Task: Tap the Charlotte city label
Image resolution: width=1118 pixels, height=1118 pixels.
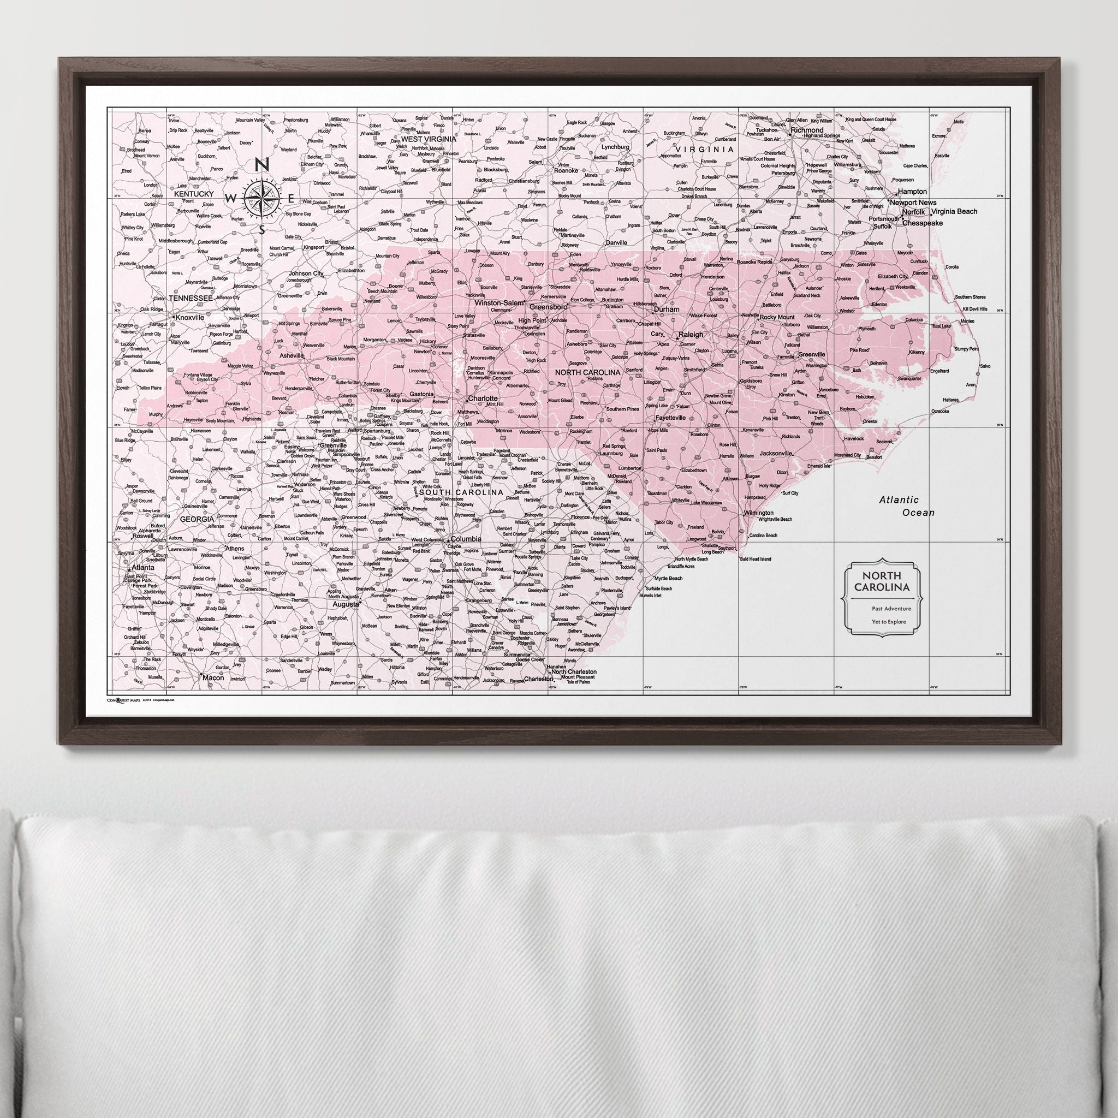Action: [x=483, y=399]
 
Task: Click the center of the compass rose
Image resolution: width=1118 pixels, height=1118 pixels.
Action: [x=261, y=199]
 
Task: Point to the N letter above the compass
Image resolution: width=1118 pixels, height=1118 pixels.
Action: [x=261, y=165]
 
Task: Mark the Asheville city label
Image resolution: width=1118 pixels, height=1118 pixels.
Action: [x=291, y=356]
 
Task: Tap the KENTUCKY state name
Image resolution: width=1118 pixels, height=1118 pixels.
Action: [x=192, y=194]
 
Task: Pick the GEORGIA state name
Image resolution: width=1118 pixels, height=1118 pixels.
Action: [x=197, y=520]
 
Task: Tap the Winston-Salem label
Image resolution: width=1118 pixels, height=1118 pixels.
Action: [x=498, y=302]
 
